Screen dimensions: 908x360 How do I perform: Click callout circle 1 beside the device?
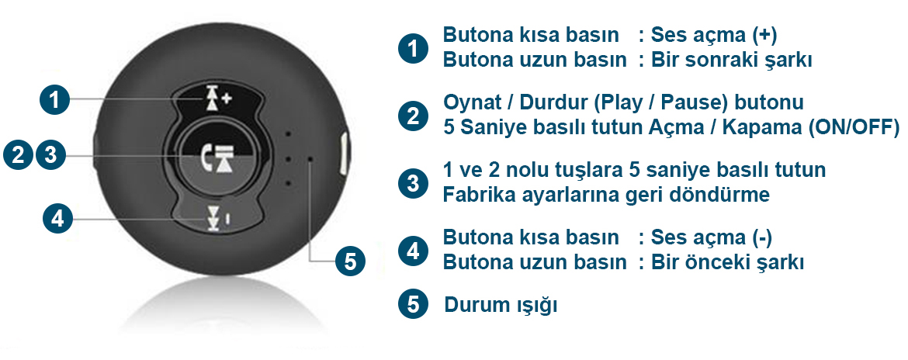[54, 100]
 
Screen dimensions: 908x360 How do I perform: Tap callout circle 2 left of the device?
[19, 155]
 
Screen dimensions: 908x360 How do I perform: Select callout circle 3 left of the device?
[51, 155]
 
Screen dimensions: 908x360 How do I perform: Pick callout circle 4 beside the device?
[58, 219]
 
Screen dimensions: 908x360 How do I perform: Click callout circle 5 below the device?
[351, 261]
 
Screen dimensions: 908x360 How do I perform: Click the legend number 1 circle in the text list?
[413, 48]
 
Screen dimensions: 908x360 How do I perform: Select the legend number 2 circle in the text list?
[413, 116]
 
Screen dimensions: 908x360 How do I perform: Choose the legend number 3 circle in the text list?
[413, 183]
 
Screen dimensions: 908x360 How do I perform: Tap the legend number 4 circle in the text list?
[413, 251]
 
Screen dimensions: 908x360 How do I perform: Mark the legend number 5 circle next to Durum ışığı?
[413, 304]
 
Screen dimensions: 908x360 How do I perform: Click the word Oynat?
[470, 103]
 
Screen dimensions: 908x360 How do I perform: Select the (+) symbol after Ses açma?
[765, 36]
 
